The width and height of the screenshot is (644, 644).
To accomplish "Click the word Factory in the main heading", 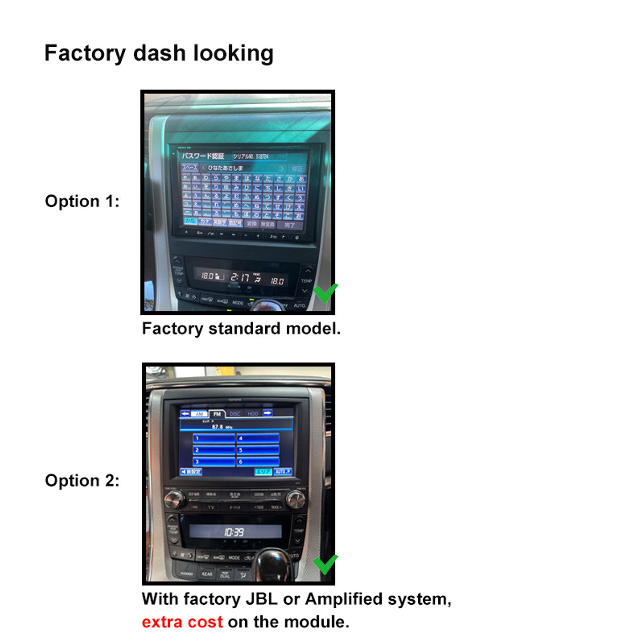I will (x=85, y=53).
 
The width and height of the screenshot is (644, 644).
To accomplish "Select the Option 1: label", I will (x=82, y=201).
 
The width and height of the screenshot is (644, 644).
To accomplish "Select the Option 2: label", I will (x=82, y=480).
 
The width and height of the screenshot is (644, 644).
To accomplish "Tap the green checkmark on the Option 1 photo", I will (x=326, y=292).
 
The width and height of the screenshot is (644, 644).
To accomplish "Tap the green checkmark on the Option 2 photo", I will (x=326, y=564).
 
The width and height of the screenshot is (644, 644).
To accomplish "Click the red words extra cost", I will (x=182, y=622).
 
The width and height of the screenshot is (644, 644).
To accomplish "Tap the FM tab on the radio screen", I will (x=217, y=414).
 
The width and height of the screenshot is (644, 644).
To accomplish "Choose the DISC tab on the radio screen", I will (x=235, y=414).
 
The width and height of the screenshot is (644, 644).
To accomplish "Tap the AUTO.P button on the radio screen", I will (x=283, y=471).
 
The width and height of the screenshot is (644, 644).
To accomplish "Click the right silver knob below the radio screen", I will (x=295, y=499).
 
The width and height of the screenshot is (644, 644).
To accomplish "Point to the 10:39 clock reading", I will (x=234, y=532).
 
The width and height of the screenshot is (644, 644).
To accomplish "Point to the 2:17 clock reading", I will (x=240, y=277).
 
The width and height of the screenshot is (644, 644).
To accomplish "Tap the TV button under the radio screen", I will (x=211, y=507).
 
